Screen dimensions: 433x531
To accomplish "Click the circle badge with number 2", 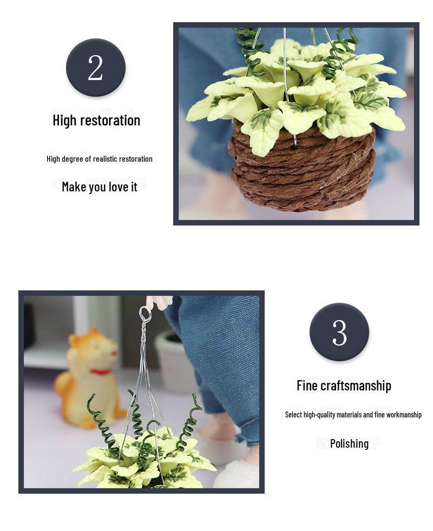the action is point(96,68).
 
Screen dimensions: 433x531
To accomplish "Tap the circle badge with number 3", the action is point(339,332).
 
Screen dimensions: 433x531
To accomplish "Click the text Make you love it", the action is point(100,187).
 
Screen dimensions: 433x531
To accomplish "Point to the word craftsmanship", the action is point(356,386).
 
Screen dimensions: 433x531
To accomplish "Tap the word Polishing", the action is point(349,443).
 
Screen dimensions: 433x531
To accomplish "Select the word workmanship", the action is point(403,415).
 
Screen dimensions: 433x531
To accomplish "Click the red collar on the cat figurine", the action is point(101,371).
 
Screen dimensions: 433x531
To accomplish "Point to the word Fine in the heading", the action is point(307,386).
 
